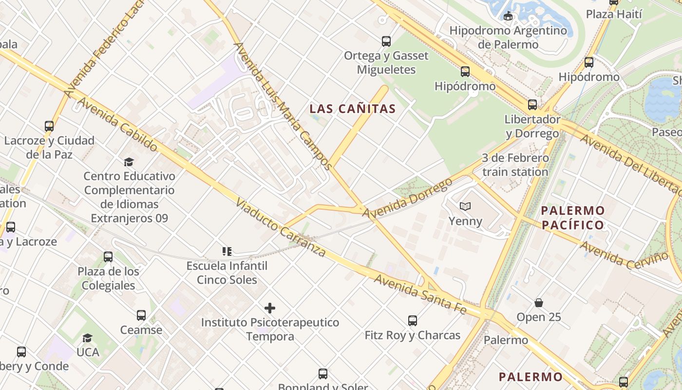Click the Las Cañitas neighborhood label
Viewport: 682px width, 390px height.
[353, 109]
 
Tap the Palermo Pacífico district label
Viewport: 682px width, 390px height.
[573, 218]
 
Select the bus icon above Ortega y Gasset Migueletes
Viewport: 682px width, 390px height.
[386, 41]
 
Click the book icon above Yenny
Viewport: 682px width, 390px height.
[465, 207]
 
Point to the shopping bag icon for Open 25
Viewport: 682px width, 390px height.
[539, 303]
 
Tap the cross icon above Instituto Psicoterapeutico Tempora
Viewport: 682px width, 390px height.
[270, 308]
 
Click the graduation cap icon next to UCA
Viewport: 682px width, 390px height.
[88, 338]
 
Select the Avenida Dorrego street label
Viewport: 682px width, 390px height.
[407, 198]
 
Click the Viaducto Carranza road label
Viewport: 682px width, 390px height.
[281, 228]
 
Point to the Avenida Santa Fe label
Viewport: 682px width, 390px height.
[420, 294]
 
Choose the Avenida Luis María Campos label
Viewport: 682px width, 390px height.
[283, 106]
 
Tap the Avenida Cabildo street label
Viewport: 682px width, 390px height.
[118, 124]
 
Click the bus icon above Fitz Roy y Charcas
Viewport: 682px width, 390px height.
[413, 321]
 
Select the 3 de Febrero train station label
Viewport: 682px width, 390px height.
[515, 165]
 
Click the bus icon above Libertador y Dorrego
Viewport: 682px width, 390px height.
[532, 105]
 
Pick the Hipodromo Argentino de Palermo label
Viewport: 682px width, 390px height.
[508, 38]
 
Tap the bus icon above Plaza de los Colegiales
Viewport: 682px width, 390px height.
[108, 257]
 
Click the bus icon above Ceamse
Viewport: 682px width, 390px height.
[141, 315]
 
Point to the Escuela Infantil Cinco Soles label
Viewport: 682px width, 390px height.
[227, 273]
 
